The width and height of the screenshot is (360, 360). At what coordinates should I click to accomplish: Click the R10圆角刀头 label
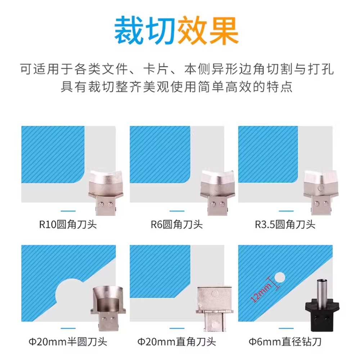[x=68, y=225]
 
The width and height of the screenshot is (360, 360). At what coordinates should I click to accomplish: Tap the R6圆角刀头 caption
[x=176, y=225]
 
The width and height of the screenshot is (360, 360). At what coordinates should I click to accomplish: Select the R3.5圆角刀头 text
[x=285, y=225]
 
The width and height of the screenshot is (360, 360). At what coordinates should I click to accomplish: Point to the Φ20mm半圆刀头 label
[x=68, y=342]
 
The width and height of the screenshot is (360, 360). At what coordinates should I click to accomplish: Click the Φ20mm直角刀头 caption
[x=176, y=342]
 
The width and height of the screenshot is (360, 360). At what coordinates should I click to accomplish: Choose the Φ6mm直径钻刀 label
[x=285, y=342]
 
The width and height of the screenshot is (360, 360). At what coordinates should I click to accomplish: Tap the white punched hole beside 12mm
[x=280, y=278]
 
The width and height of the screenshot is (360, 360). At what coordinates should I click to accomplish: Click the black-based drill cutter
[x=322, y=305]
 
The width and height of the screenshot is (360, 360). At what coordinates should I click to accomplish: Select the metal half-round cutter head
[x=108, y=308]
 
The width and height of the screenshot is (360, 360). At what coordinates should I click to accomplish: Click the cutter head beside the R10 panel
[x=106, y=192]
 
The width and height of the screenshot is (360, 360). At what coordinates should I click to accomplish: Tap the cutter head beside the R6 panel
[x=217, y=192]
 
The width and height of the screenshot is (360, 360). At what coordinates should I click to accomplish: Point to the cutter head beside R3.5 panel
[x=321, y=192]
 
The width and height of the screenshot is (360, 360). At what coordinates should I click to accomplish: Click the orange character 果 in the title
[x=224, y=30]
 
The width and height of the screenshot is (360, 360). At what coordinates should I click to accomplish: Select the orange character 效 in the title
[x=192, y=30]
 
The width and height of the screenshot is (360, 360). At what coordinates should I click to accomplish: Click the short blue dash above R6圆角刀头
[x=177, y=211]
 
